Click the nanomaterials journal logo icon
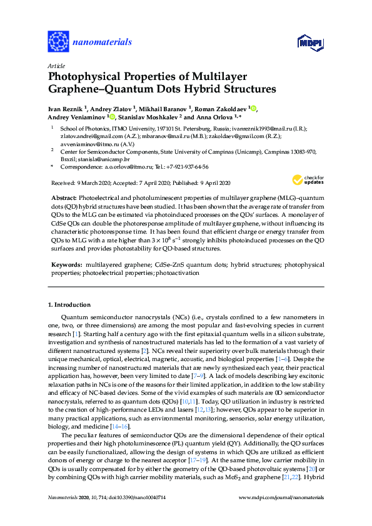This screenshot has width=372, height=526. (x=58, y=42)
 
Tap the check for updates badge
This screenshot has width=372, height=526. (x=306, y=180)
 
